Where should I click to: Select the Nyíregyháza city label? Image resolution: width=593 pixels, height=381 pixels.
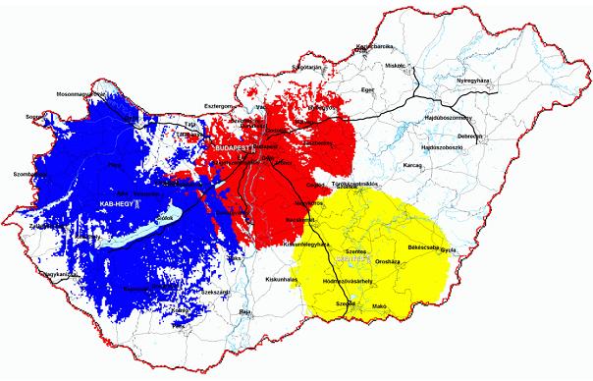(x=477, y=81)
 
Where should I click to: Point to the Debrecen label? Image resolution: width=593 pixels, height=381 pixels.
(x=470, y=136)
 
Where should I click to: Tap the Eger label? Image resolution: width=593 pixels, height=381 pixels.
(x=368, y=89)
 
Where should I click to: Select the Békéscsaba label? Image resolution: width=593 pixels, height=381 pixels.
(x=425, y=248)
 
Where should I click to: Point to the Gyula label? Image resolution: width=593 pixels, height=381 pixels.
(x=450, y=250)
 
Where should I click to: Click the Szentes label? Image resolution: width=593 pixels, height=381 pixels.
(x=355, y=251)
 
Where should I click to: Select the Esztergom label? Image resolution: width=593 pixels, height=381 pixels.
(x=218, y=103)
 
